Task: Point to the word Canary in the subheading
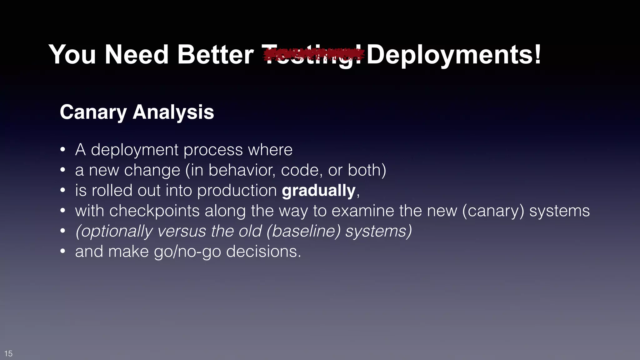click(x=93, y=112)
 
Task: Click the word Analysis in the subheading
click(x=173, y=112)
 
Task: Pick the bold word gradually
click(x=318, y=191)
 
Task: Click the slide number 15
click(x=8, y=353)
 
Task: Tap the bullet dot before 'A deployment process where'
click(x=63, y=150)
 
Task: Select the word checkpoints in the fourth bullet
click(x=154, y=211)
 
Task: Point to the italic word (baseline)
click(x=303, y=231)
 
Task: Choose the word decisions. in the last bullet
click(x=263, y=252)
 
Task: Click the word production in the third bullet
click(x=237, y=191)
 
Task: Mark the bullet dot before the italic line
click(x=63, y=231)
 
